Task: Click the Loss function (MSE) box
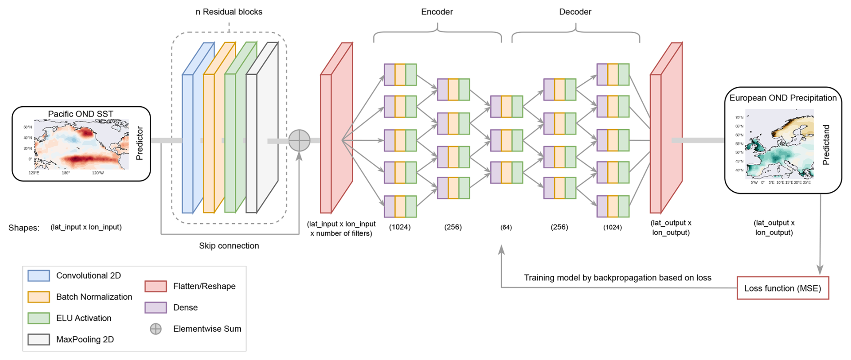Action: (x=783, y=288)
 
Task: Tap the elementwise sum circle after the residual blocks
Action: (x=299, y=140)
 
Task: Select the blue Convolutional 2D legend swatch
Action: (x=39, y=275)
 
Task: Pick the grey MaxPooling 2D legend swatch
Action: (x=39, y=339)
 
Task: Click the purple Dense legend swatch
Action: (x=156, y=307)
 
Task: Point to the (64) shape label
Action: (x=506, y=227)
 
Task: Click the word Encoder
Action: (x=437, y=12)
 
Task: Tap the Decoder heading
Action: (x=575, y=12)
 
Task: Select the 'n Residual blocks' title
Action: (x=228, y=12)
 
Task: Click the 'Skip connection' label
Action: (x=229, y=246)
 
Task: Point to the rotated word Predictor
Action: (x=139, y=143)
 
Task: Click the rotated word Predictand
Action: (x=826, y=144)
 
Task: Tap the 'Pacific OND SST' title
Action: (x=81, y=114)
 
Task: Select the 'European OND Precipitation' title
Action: (x=783, y=98)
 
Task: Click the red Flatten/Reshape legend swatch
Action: (x=156, y=286)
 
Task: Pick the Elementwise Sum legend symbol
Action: (x=156, y=329)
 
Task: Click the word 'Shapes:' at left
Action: (x=24, y=228)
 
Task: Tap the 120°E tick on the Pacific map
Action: (x=34, y=173)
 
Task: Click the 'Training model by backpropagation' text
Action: (x=617, y=278)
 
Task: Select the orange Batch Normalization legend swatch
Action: (x=39, y=297)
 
